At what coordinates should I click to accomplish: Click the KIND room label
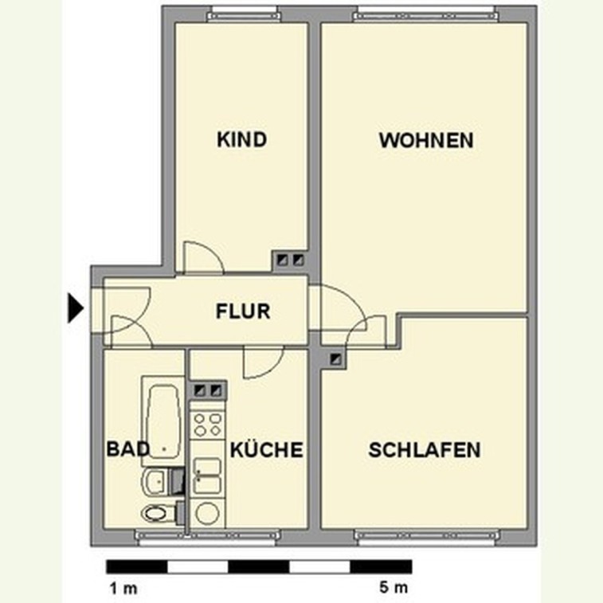pyautogui.click(x=242, y=139)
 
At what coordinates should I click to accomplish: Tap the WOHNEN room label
pyautogui.click(x=426, y=140)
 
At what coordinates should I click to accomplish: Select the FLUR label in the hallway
pyautogui.click(x=243, y=311)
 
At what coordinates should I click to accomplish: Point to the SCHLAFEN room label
pyautogui.click(x=425, y=450)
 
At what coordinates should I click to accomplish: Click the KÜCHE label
pyautogui.click(x=267, y=449)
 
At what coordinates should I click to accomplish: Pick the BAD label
pyautogui.click(x=127, y=449)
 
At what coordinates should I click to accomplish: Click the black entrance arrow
pyautogui.click(x=76, y=307)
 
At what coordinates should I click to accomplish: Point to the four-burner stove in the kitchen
pyautogui.click(x=207, y=425)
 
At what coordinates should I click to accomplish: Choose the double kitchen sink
pyautogui.click(x=207, y=476)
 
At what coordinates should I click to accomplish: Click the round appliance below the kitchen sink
pyautogui.click(x=207, y=513)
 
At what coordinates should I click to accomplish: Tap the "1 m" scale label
pyautogui.click(x=123, y=588)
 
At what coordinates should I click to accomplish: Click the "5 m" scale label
pyautogui.click(x=394, y=587)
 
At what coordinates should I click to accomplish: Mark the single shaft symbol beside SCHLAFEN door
pyautogui.click(x=336, y=358)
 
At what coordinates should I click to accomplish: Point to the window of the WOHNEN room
pyautogui.click(x=426, y=14)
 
